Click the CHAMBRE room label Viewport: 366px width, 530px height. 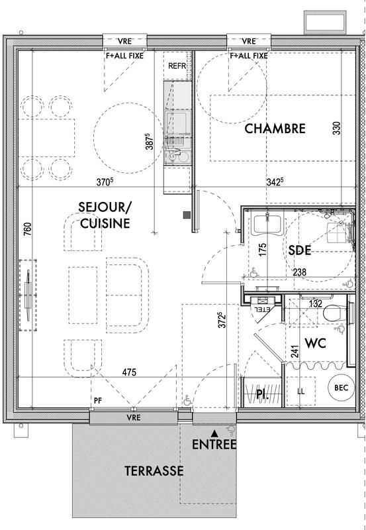(x=275, y=129)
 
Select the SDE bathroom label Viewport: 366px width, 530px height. (x=300, y=251)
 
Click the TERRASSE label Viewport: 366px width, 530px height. (x=154, y=471)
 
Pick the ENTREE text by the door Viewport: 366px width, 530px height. (x=214, y=445)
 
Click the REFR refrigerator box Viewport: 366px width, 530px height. (x=177, y=66)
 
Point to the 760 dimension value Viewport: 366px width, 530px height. (x=26, y=229)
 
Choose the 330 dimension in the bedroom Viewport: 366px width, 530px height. (x=336, y=129)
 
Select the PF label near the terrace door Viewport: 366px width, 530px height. (x=97, y=401)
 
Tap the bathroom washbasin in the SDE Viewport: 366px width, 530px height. (x=267, y=223)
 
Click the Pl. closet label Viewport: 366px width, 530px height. (x=261, y=395)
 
